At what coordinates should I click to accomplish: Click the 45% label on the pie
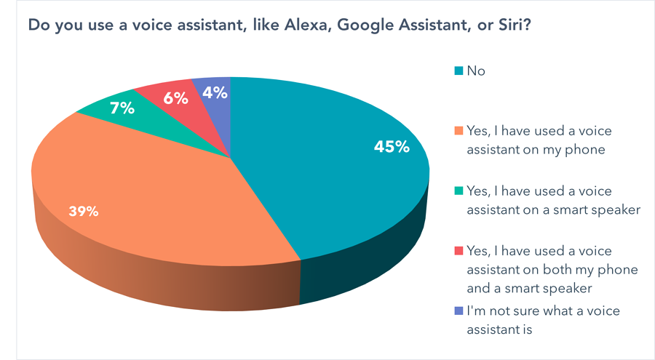(392, 146)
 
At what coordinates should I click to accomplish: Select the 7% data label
(122, 108)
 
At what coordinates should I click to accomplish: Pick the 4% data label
(215, 92)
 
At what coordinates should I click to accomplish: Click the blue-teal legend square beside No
(458, 71)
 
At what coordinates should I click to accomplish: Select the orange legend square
(458, 131)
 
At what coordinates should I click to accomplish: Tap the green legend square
(458, 191)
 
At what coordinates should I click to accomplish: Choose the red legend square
(458, 251)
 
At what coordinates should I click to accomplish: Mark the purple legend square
(458, 311)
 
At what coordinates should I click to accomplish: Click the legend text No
(476, 71)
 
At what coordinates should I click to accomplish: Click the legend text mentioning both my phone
(552, 269)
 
